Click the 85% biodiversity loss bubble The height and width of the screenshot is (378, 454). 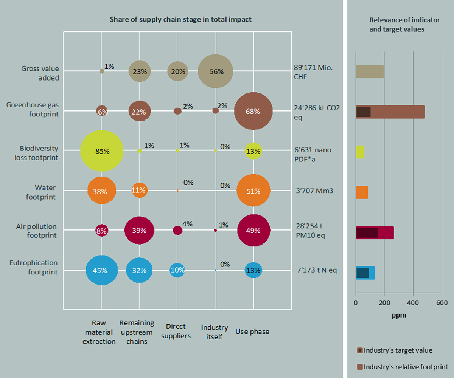pos(101,151)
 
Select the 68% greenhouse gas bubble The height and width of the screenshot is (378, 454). pos(253,111)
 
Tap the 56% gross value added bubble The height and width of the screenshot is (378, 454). pos(215,71)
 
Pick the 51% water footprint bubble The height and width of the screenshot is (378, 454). pos(253,191)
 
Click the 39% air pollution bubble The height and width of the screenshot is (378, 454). pos(140,231)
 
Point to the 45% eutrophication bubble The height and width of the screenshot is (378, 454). pos(101,270)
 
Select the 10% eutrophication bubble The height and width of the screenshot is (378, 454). pos(177,270)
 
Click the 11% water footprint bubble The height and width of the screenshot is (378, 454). pos(140,191)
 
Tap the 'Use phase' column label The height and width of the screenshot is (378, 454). pos(252,332)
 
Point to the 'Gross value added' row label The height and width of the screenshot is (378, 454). pos(40,73)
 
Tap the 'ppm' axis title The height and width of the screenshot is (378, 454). pos(399,315)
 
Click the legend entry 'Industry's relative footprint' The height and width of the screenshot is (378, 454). pos(403,367)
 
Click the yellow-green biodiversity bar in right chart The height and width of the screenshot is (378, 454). pos(360,152)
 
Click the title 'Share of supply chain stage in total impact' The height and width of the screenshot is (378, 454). pos(180,19)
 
